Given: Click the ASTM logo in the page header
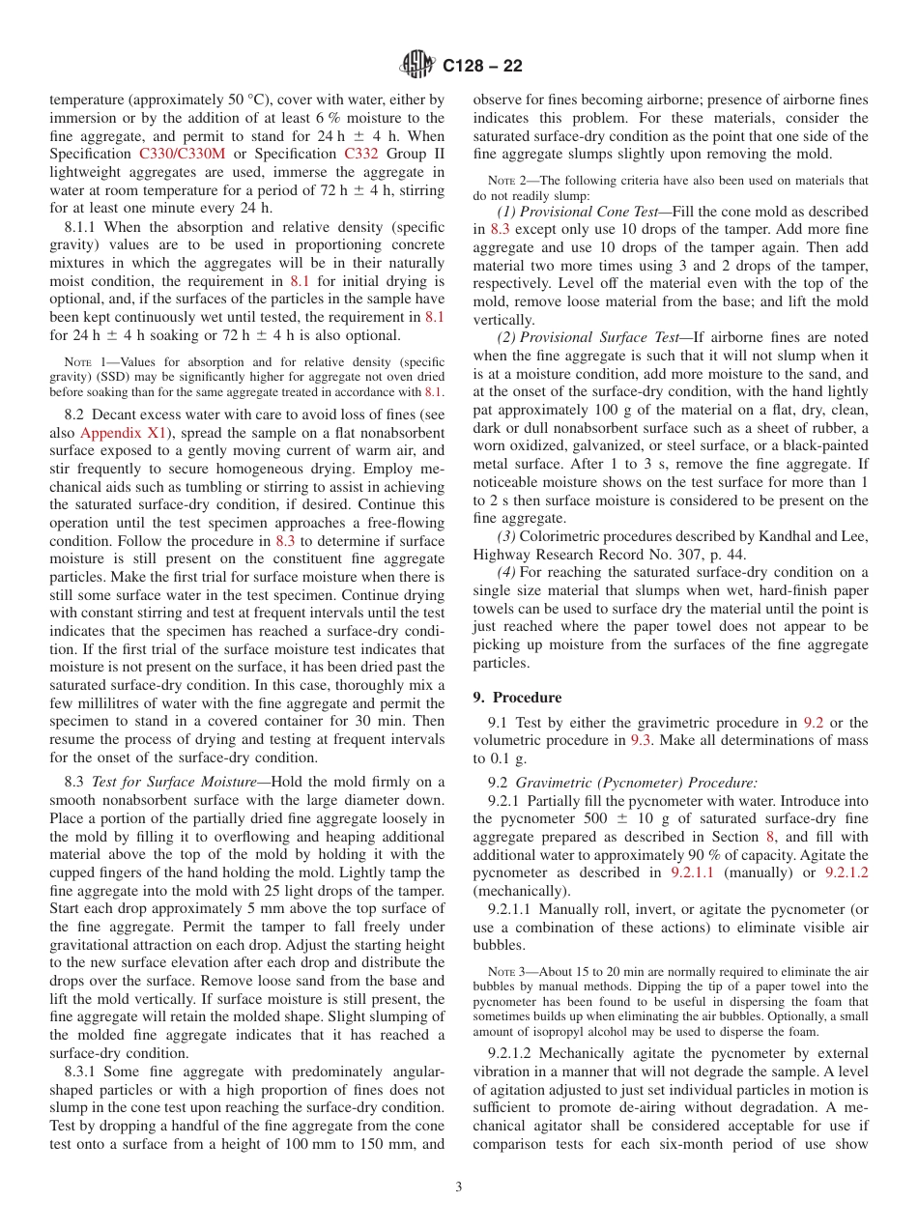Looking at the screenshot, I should (x=417, y=66).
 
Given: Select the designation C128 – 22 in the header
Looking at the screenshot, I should (x=482, y=66).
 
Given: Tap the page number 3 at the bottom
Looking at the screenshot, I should (x=459, y=1187).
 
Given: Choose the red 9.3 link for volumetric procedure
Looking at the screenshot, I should (x=642, y=740).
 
